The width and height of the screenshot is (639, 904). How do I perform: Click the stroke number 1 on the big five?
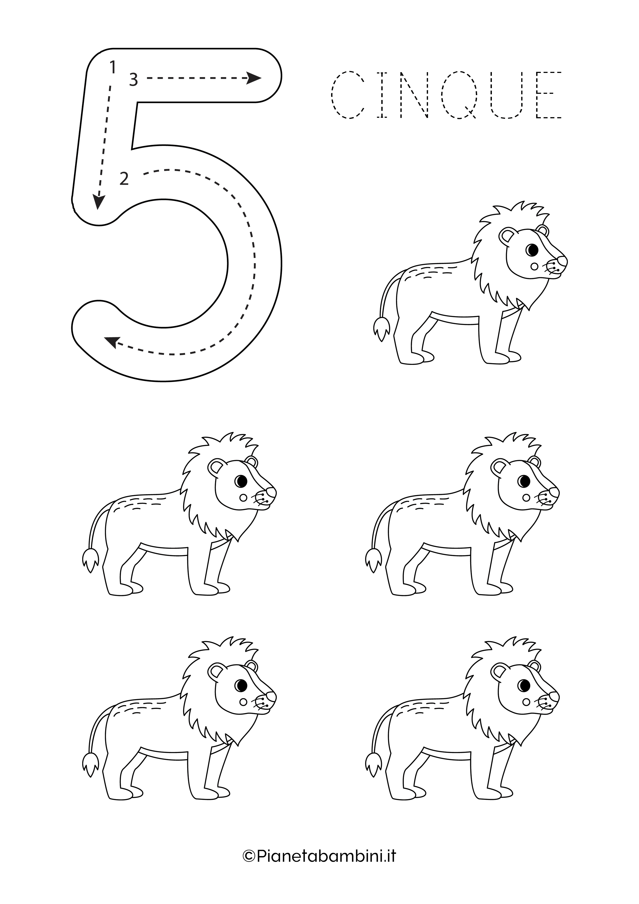[113, 67]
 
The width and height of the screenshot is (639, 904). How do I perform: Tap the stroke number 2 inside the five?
[124, 179]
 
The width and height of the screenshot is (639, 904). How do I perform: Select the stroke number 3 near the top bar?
[133, 80]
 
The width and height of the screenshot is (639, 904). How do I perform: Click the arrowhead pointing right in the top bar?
[254, 78]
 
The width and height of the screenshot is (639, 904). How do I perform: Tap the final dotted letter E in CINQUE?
[549, 95]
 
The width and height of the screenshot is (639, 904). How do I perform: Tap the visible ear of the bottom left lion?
[216, 672]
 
